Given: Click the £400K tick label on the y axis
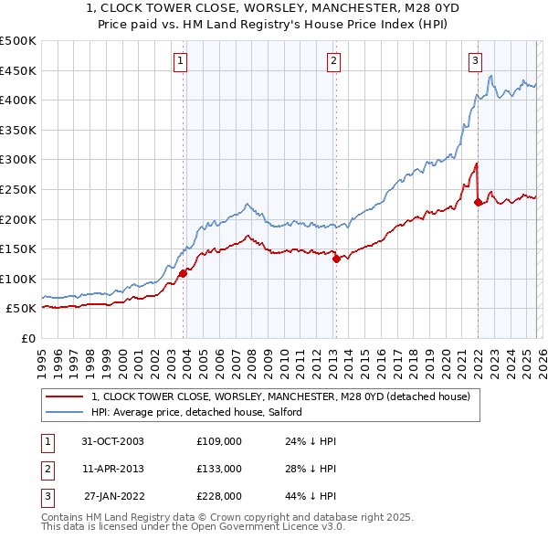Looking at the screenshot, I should (x=18, y=100).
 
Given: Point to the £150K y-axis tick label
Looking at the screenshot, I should (x=18, y=248).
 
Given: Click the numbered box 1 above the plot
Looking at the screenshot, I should (x=181, y=61).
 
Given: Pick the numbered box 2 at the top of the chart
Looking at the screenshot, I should (x=333, y=61).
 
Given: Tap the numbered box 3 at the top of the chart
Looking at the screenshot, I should (x=476, y=61).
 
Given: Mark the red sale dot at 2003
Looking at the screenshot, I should (x=184, y=273).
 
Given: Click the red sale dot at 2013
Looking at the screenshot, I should (x=335, y=259).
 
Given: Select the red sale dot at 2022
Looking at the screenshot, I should (x=478, y=202).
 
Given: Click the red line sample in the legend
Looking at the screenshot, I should (x=64, y=397).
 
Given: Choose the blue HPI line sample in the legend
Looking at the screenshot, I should (x=64, y=413).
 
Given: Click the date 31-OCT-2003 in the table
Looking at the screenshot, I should (x=112, y=441).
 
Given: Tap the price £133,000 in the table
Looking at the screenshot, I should (x=219, y=469).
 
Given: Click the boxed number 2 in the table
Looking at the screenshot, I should (x=47, y=469).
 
